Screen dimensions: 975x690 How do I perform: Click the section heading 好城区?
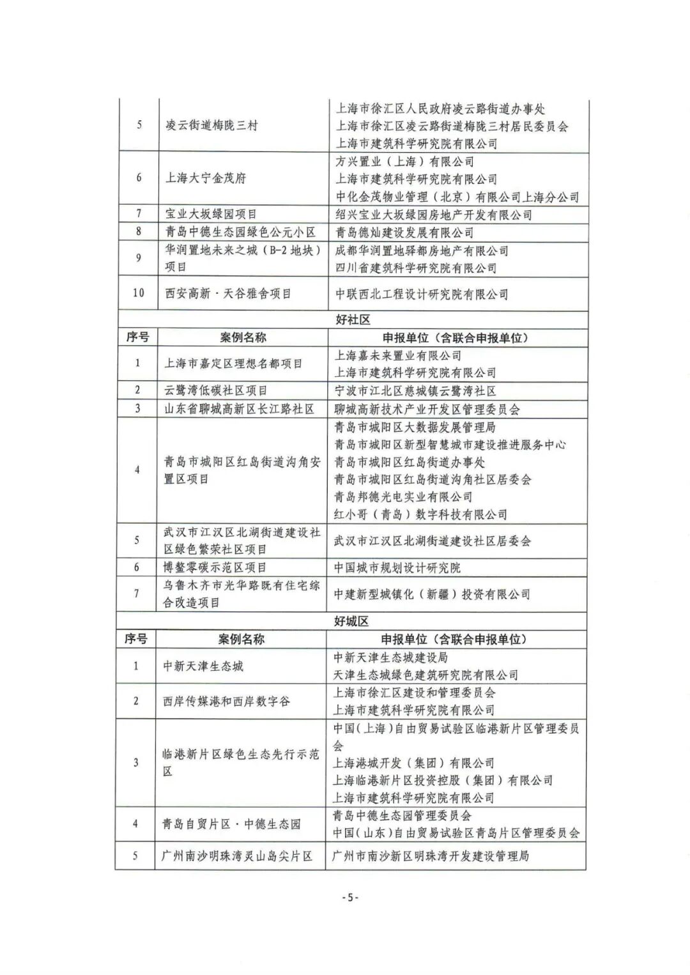point(352,621)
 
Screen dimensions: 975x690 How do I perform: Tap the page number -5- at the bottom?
point(351,898)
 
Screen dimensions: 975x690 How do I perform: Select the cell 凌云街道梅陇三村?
point(211,125)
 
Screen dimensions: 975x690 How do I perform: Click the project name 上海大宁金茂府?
point(206,178)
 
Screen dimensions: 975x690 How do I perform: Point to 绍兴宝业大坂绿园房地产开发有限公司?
point(434,215)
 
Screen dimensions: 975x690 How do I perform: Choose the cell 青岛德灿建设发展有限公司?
point(405,233)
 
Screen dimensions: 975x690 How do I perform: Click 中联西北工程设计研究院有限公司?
point(422,294)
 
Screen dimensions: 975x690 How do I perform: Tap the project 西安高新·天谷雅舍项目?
point(228,294)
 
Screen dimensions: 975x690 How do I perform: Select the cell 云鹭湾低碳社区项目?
point(216,390)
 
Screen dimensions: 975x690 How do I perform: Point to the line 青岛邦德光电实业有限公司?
point(403,496)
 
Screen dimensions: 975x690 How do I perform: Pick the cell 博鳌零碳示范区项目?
point(215,567)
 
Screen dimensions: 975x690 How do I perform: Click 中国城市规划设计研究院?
point(397,567)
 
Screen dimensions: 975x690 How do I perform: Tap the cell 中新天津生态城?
point(203,666)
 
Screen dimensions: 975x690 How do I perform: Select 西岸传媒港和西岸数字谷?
point(226,701)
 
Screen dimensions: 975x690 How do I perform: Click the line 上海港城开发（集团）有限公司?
point(414,763)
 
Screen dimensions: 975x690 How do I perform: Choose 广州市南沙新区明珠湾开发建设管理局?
point(431,856)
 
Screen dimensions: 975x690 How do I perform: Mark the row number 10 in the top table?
point(139,293)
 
